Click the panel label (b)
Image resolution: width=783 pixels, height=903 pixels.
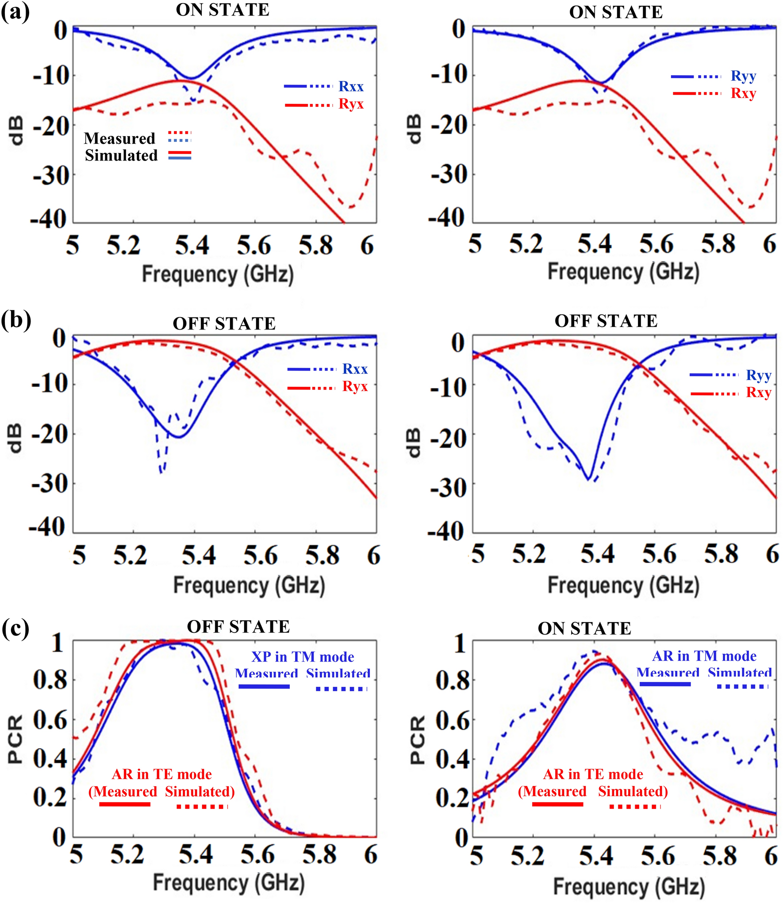pos(16,319)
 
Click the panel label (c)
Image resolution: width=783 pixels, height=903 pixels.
pos(15,628)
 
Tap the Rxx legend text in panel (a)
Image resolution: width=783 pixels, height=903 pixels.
pos(351,86)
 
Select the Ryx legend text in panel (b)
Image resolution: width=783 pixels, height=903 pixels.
pos(355,386)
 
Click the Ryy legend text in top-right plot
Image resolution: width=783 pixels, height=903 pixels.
pos(743,76)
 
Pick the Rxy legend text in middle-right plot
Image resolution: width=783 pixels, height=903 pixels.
pos(758,392)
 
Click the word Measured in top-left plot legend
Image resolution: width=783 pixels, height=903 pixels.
pos(119,138)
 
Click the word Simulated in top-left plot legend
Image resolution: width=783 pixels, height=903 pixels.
pos(121,156)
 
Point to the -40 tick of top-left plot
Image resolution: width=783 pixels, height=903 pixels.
pos(48,218)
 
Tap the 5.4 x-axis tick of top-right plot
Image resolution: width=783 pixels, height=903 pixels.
pos(594,244)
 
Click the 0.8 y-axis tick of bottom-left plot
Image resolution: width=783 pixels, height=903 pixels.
pos(50,680)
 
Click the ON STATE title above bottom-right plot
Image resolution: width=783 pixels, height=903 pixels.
pos(584,628)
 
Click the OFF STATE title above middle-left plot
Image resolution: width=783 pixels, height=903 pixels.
pos(224,324)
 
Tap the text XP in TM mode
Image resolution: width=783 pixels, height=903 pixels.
pos(303,657)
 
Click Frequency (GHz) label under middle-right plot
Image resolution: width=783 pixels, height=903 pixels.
pos(623,585)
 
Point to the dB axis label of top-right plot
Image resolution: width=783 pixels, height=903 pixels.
pos(414,129)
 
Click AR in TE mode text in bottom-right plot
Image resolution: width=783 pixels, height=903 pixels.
pos(593,774)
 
